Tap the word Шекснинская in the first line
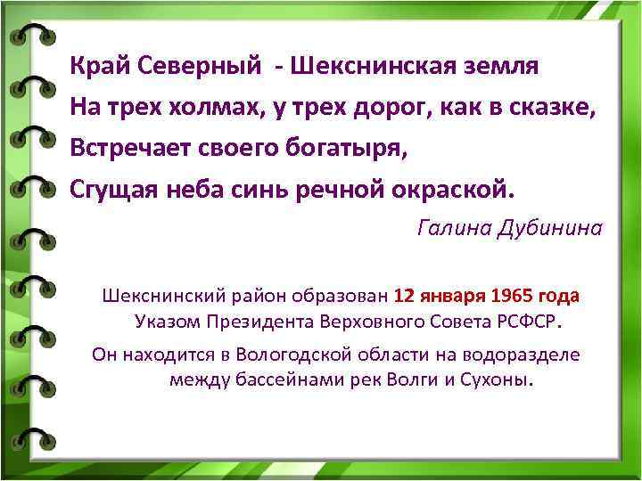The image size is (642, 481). [x=374, y=66]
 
